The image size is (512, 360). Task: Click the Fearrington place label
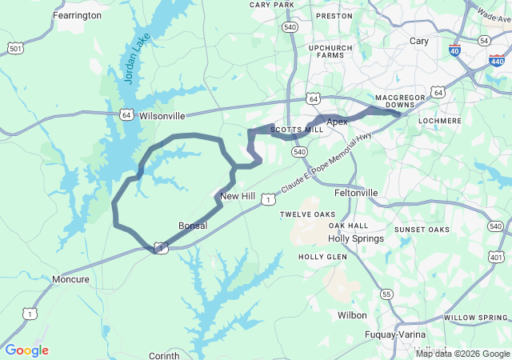click(x=77, y=15)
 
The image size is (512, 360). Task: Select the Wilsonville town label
click(x=162, y=115)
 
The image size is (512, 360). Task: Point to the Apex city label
click(x=337, y=121)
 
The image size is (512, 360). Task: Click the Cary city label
click(x=418, y=41)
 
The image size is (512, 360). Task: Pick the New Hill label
click(x=237, y=196)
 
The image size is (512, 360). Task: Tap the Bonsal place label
click(x=193, y=226)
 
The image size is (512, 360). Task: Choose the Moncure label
click(x=71, y=279)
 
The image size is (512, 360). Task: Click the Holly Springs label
click(x=356, y=238)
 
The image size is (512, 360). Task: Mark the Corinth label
click(x=164, y=355)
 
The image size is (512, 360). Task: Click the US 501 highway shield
click(x=15, y=49)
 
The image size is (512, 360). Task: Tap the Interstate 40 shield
click(x=454, y=50)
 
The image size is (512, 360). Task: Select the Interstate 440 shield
click(x=497, y=60)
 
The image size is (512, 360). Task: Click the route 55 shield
click(x=386, y=294)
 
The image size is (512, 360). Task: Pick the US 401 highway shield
click(x=497, y=257)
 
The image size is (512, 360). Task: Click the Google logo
click(x=26, y=350)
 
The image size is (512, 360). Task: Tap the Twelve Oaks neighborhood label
click(x=308, y=214)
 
